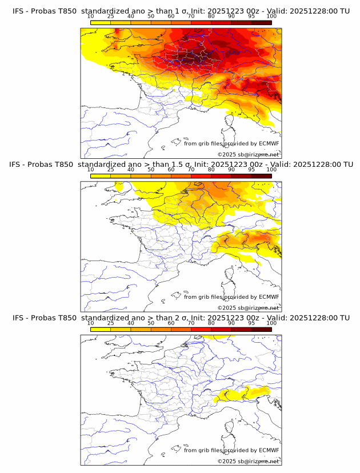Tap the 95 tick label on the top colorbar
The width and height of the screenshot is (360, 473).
tap(251, 17)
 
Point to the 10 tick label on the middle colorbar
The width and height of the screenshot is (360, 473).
tap(90, 170)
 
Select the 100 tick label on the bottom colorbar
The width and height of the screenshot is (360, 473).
tap(271, 323)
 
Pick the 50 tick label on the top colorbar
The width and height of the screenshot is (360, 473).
tap(151, 17)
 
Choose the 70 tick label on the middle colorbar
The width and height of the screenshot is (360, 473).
tap(191, 170)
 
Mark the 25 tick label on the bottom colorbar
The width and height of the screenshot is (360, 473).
tap(110, 323)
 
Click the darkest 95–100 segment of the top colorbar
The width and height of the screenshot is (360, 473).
tap(261, 22)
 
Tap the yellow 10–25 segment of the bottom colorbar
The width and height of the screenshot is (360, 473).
tap(100, 329)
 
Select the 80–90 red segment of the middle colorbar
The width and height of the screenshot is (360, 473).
tap(221, 176)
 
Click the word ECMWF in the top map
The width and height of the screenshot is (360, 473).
tap(269, 143)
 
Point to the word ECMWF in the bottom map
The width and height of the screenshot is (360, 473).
tap(269, 450)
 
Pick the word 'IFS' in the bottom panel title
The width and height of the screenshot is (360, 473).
tap(18, 318)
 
